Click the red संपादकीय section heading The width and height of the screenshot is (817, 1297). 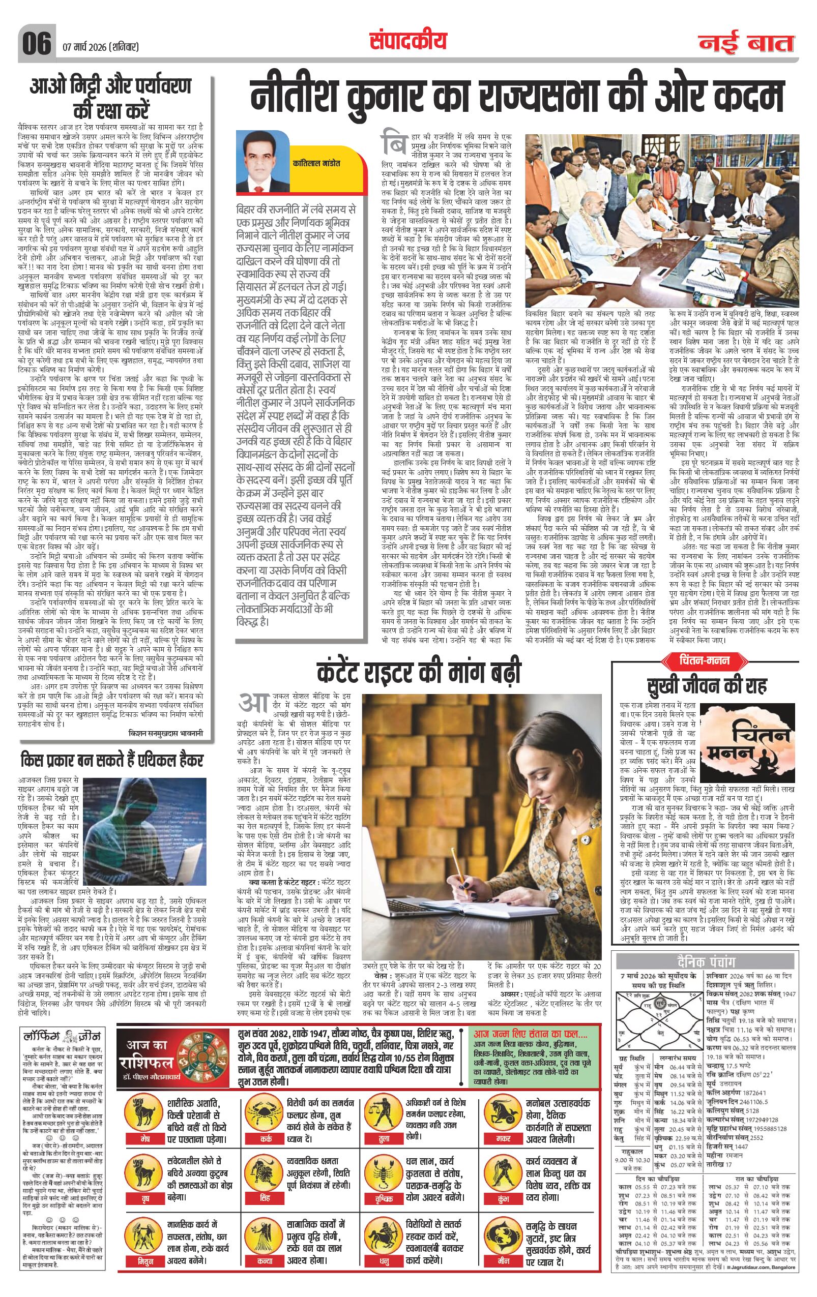click(x=408, y=41)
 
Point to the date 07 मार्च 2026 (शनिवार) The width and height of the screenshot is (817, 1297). click(x=100, y=47)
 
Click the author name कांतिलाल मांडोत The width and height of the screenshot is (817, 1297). click(x=317, y=163)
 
